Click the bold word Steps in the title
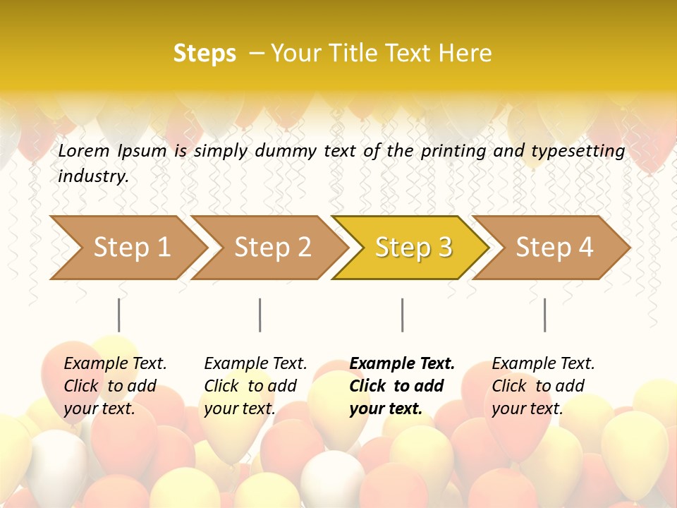[x=205, y=54]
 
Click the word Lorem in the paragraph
[x=84, y=151]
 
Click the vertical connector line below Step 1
[x=118, y=315]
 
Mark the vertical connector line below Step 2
[x=260, y=315]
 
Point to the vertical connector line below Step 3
[x=402, y=315]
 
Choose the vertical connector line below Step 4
[x=544, y=315]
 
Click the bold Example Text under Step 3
[x=402, y=364]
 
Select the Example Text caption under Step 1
[x=115, y=364]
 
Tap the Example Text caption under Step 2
[x=255, y=364]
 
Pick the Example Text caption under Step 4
[x=543, y=364]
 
